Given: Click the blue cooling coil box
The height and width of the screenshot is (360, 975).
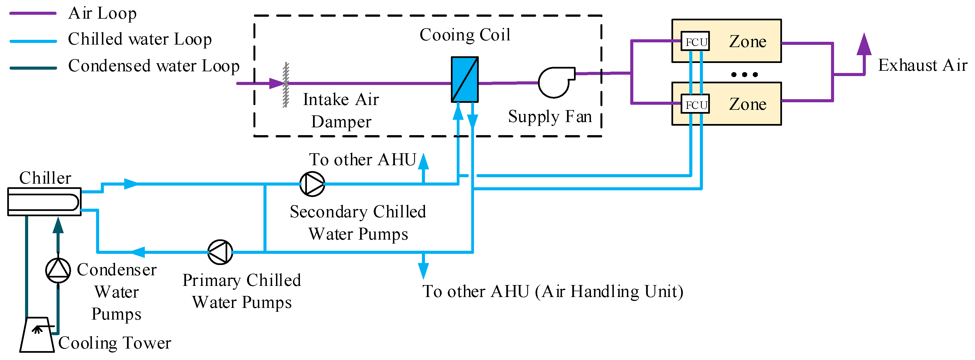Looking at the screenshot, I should pos(465,79).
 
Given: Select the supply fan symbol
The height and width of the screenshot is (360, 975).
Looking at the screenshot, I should pos(554,82).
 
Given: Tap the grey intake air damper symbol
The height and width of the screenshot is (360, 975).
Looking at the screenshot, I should pos(286,85).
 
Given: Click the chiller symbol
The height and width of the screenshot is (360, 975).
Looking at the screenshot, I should pos(44,201).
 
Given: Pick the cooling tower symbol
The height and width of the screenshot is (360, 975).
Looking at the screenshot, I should pos(37,335).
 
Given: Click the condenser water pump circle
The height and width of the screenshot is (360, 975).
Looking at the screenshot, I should pos(58,270).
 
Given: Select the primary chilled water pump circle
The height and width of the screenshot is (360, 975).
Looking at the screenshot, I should pos(220,252).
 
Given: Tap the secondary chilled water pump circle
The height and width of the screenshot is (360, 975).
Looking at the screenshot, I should pos(312,184).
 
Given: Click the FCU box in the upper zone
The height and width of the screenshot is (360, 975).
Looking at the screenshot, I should pos(695,41).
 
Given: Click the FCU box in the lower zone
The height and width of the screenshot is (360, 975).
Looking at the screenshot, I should pos(695,104).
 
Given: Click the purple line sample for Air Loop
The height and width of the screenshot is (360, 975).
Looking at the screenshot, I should pos(33,13).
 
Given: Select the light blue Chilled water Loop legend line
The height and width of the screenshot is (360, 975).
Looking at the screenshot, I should pos(33,41).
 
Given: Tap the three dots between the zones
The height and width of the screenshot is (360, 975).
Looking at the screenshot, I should pos(744,75).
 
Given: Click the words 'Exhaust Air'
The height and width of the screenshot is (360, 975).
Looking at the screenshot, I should pos(922,65).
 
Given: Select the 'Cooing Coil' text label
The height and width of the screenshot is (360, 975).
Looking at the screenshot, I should pos(465,35).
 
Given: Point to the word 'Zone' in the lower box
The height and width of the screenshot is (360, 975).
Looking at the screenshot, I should pos(747,104).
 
